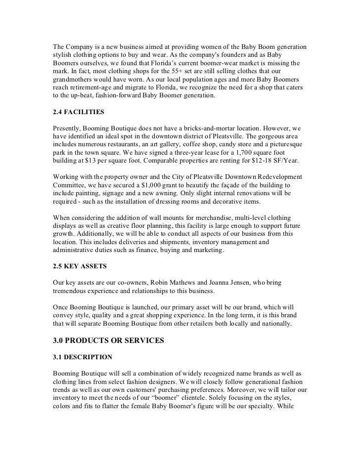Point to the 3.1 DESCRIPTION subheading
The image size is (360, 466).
[x=82, y=357]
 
